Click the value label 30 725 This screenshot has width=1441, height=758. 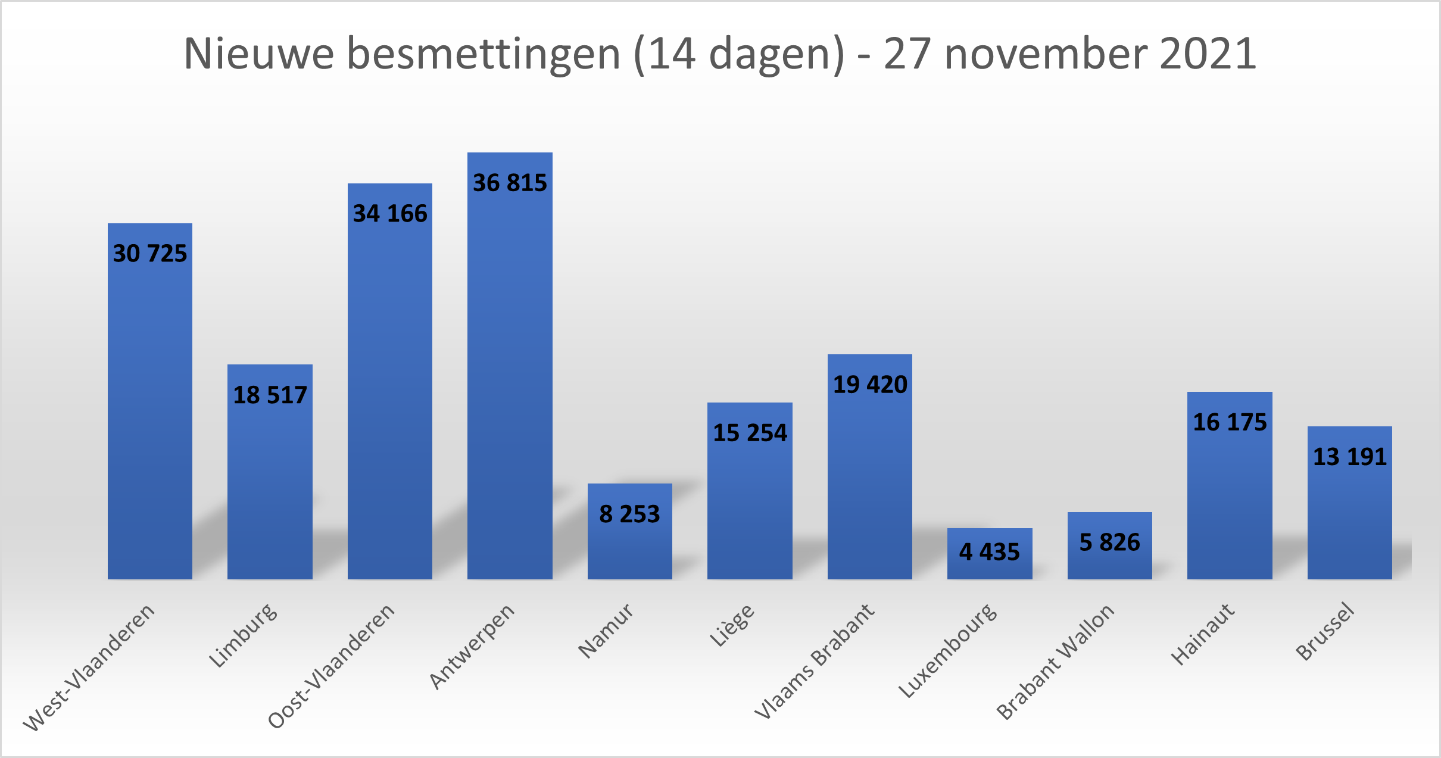coord(150,254)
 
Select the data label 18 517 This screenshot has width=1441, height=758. coord(270,395)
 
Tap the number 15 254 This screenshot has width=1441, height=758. coord(750,433)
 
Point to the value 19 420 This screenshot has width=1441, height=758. coord(870,385)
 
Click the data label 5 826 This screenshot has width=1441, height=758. coord(1109,542)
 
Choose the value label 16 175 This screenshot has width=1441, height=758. coord(1230,422)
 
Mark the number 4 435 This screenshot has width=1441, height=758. coord(990,552)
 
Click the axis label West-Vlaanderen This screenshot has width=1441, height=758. coord(89,667)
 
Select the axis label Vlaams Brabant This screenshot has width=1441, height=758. coord(815,661)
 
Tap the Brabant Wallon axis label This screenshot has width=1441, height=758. coord(1055,661)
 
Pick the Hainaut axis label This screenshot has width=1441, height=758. coord(1203,634)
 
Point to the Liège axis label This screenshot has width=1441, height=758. coord(732,625)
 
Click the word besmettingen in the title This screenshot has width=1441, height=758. coord(484,54)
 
